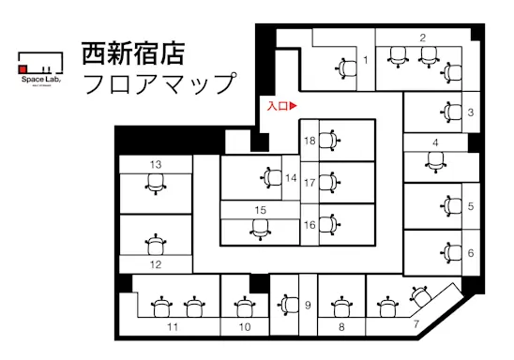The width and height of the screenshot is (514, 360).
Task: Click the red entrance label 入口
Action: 281,107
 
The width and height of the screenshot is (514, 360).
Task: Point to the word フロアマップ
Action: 158,83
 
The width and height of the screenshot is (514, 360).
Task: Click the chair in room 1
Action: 343,66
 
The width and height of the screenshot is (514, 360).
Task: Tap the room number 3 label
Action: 470,112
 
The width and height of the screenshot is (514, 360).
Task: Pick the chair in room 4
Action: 434,162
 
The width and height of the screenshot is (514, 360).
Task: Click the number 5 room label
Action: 470,205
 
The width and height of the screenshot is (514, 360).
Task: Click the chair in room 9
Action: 286,305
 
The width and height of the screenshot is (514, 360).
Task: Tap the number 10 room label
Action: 245,327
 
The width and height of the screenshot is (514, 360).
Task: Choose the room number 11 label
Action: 173,327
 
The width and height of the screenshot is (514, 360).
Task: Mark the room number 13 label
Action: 156,164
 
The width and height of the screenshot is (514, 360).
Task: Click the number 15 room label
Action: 262,209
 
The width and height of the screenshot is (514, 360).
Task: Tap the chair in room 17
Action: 328,181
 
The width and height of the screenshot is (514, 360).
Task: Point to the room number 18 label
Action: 310,141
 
